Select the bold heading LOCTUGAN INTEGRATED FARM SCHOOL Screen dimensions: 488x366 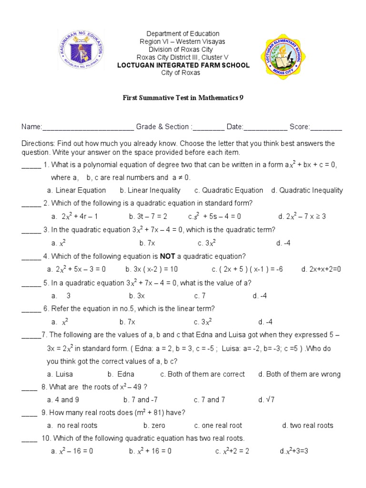click(183, 65)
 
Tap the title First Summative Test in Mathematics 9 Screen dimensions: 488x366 click(183, 98)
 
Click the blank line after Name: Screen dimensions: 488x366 click(88, 127)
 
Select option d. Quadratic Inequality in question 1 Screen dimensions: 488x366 click(307, 190)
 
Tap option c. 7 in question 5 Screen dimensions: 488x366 click(200, 296)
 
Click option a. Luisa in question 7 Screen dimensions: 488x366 click(60, 374)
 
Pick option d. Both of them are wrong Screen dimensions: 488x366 click(299, 374)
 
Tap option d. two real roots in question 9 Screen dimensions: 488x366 click(307, 426)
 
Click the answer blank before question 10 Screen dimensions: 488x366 click(30, 439)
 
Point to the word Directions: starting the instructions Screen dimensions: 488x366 click(38, 143)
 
